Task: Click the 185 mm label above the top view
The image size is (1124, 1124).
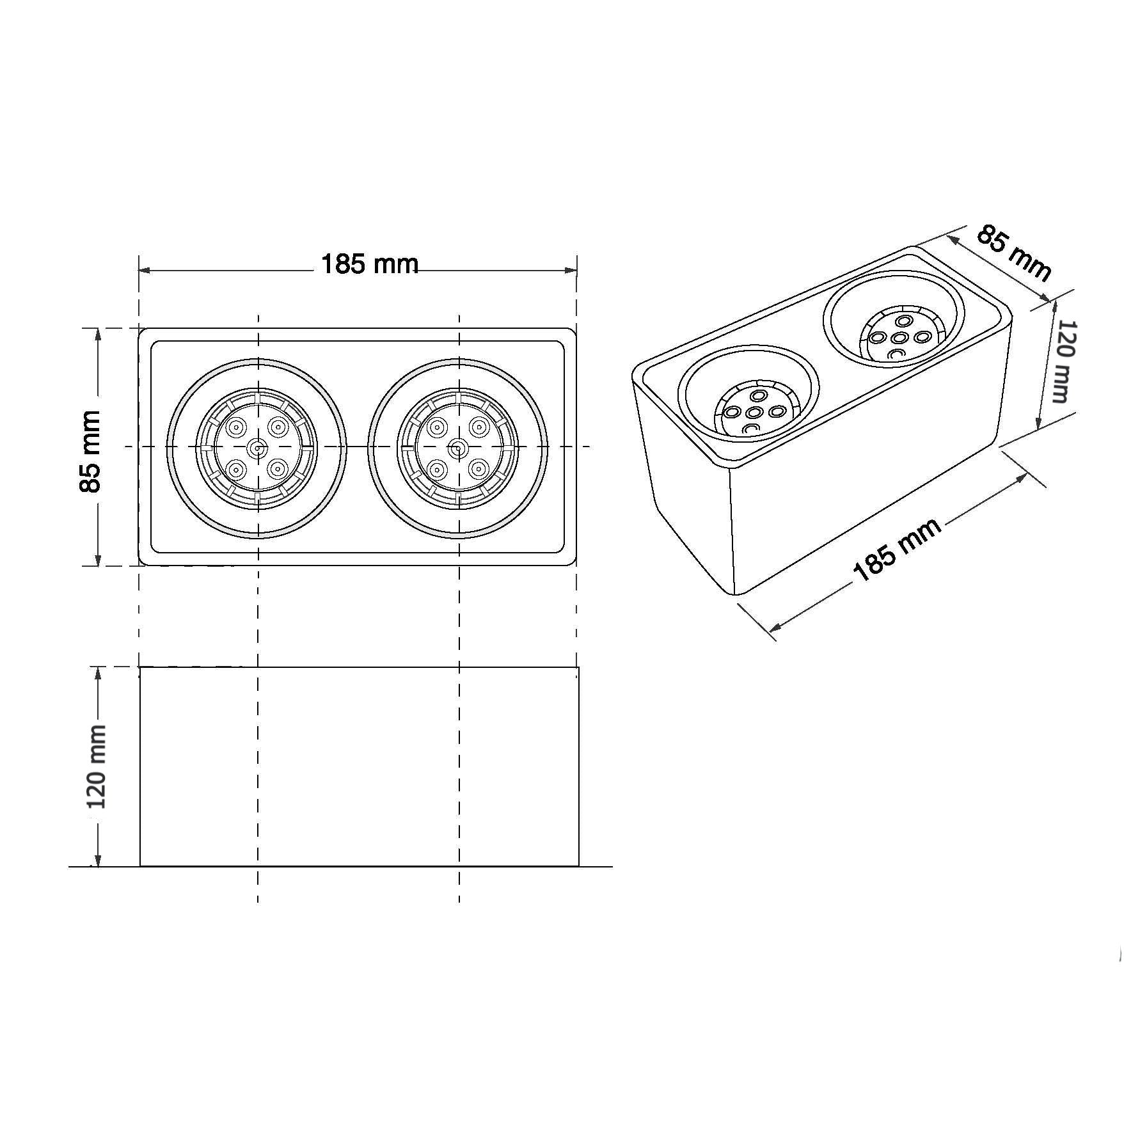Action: point(370,264)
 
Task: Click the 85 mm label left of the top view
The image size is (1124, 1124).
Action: point(90,452)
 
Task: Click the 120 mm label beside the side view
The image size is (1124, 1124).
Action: point(96,775)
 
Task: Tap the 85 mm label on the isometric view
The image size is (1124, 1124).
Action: point(1013,253)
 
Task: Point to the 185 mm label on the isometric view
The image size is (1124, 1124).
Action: point(898,550)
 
